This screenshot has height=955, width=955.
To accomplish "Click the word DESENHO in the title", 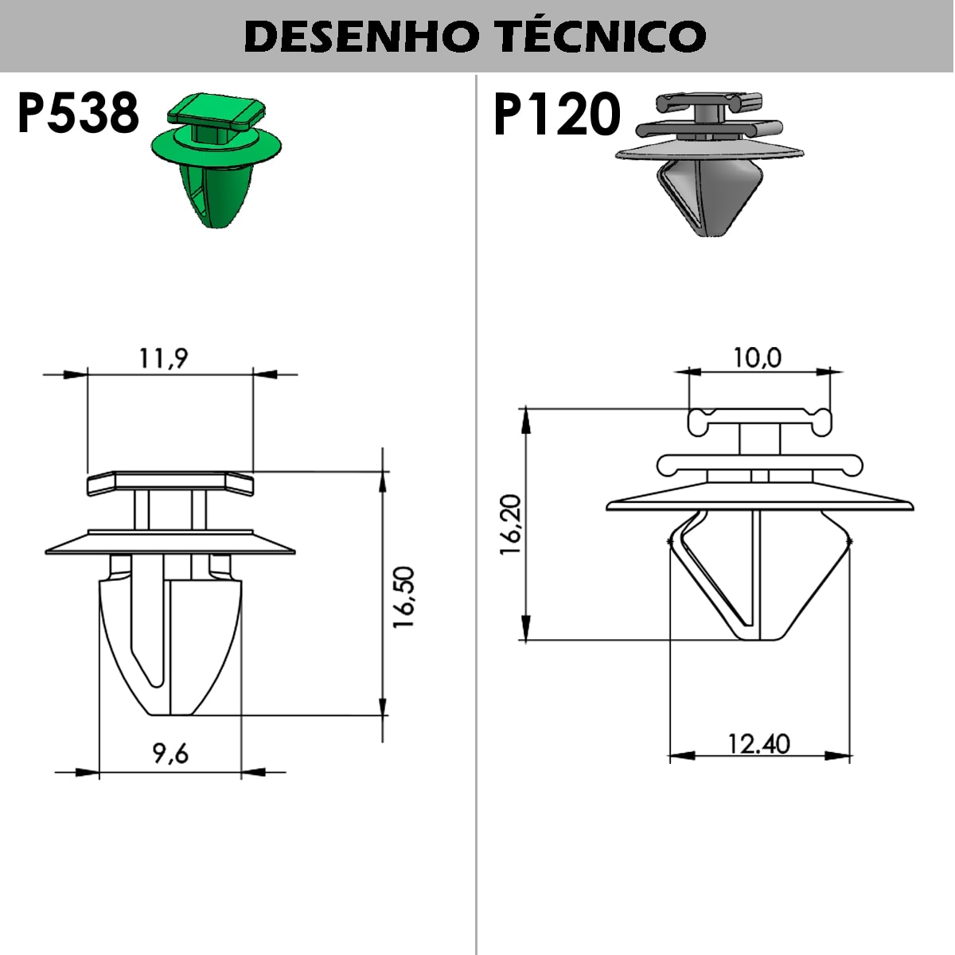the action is (x=361, y=37).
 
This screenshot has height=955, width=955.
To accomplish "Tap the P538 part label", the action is (x=78, y=114).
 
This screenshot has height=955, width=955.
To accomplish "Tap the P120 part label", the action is (x=557, y=115).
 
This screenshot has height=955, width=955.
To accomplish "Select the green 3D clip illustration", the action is (x=216, y=160).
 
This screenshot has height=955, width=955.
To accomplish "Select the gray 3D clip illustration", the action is (x=709, y=164).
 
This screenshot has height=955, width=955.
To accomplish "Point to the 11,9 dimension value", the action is (x=164, y=358).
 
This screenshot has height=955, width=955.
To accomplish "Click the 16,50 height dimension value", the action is (x=403, y=597).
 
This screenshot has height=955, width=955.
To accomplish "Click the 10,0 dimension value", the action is (x=757, y=358).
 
